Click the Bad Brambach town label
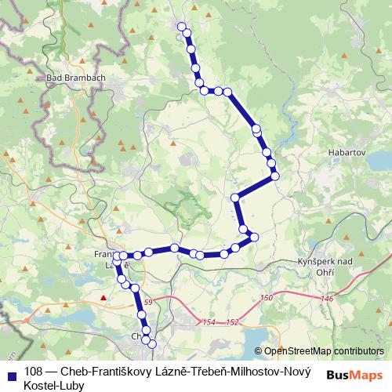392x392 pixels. point(76,78)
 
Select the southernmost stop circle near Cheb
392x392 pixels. point(152,344)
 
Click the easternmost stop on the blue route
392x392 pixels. point(276,176)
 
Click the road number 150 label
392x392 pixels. point(267,298)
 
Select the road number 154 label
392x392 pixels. point(209,322)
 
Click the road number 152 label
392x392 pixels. point(231,322)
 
